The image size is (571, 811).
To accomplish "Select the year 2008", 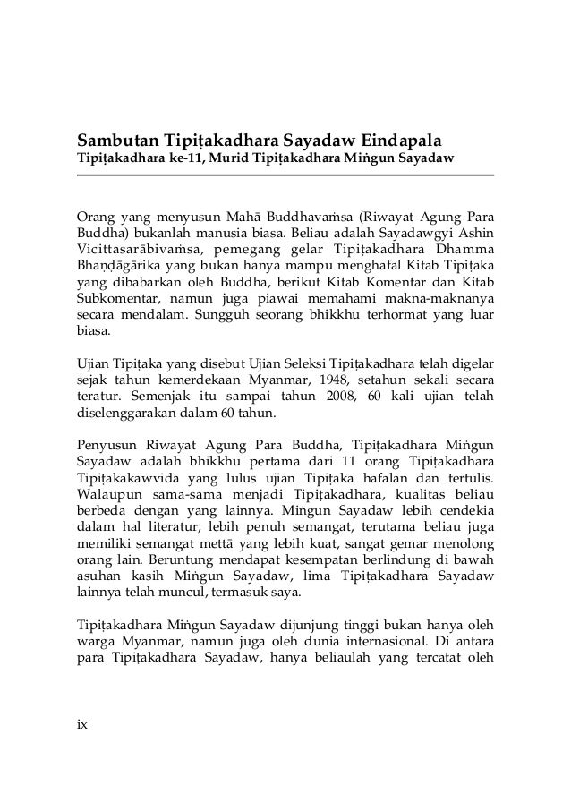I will pyautogui.click(x=330, y=397).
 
